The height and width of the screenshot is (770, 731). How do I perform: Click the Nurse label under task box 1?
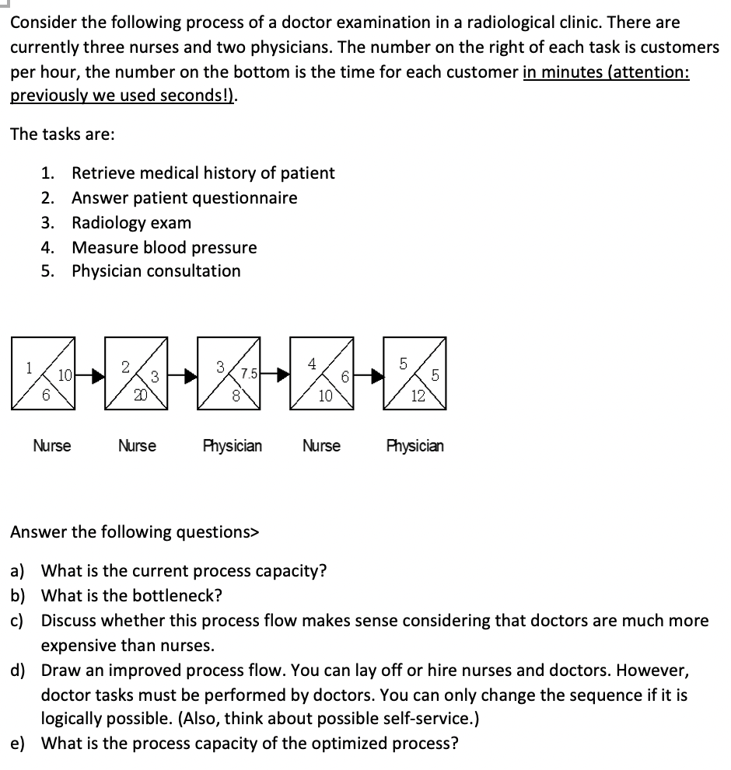click(x=52, y=446)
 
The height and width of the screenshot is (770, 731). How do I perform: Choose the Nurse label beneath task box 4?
click(x=321, y=446)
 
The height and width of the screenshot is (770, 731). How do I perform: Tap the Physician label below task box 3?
click(x=232, y=446)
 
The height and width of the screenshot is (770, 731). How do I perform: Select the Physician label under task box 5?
click(x=415, y=446)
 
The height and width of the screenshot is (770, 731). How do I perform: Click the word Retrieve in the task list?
click(x=104, y=172)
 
